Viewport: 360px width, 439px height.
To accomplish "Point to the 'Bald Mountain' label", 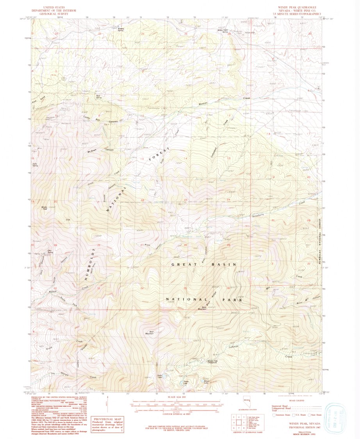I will (150, 333).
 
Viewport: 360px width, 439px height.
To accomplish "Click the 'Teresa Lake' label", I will (185, 382).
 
